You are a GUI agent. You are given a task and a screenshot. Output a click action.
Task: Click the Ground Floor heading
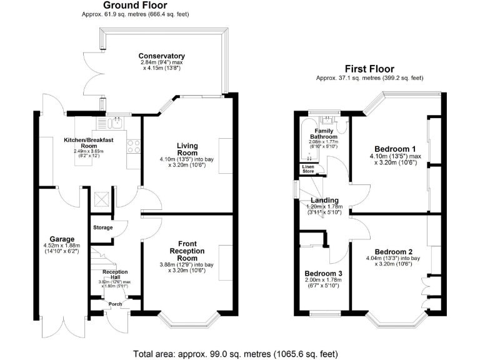coord(135,6)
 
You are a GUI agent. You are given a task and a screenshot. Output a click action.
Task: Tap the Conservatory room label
coord(162,56)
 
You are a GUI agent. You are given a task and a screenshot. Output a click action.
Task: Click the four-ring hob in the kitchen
coord(133,146)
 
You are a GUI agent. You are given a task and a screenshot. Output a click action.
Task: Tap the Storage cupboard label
coord(102,227)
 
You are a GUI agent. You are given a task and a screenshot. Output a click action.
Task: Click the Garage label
coord(63,239)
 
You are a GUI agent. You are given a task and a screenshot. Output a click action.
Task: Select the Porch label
coord(115,304)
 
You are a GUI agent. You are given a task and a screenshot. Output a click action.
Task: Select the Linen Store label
coord(308,169)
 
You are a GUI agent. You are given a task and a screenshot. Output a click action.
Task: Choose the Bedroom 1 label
coord(392,148)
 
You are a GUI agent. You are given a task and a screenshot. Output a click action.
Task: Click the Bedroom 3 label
coord(323,274)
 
